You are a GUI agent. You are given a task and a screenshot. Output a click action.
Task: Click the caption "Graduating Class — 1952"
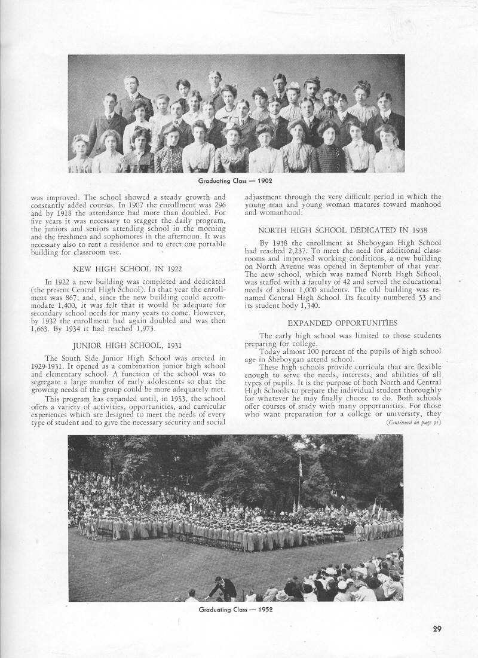pos(235,610)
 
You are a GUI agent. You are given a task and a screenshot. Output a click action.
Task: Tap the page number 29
pos(437,629)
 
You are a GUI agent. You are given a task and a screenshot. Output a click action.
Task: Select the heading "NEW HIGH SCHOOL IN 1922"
pos(127,269)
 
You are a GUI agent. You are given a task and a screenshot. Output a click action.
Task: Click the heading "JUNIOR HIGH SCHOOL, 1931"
pos(127,345)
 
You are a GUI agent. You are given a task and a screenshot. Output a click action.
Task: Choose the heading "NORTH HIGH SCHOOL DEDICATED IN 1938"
pos(343,230)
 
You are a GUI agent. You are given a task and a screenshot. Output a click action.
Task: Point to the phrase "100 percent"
pos(318,351)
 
